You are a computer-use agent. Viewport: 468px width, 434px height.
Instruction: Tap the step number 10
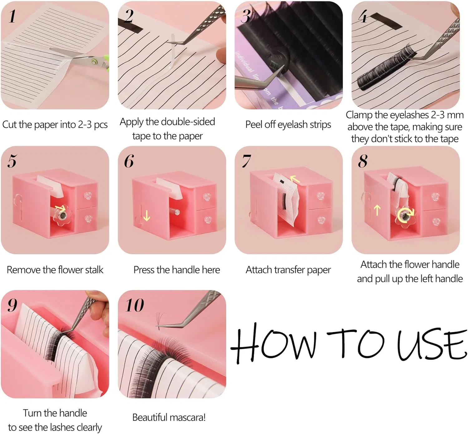point(134,305)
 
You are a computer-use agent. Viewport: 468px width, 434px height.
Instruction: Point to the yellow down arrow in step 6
point(147,216)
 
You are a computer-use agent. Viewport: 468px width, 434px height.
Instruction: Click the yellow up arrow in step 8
point(377,210)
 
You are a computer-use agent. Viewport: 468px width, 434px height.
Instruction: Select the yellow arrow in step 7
point(295,179)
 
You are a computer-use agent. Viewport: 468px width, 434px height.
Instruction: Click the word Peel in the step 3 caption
point(254,124)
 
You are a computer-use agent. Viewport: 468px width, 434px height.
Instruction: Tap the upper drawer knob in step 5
point(88,196)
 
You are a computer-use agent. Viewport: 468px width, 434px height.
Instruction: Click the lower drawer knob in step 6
point(207,220)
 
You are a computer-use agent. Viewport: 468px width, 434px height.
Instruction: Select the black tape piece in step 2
point(130,26)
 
